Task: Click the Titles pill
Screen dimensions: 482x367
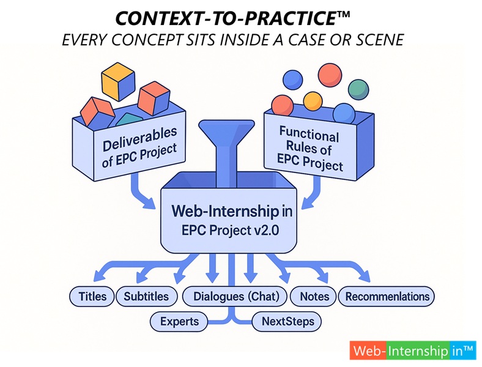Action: click(x=92, y=297)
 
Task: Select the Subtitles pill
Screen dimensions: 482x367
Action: click(x=146, y=297)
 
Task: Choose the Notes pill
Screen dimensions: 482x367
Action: click(x=314, y=297)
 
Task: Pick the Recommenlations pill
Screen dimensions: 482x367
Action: click(x=387, y=297)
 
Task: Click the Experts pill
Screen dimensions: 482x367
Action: click(x=179, y=322)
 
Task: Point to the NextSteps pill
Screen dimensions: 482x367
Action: click(x=287, y=322)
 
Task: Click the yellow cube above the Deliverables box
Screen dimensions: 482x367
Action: click(x=118, y=82)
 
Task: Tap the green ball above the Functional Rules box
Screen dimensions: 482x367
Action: click(x=358, y=89)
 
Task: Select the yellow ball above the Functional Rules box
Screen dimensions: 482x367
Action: click(x=313, y=101)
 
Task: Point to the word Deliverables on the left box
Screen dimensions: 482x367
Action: click(x=140, y=139)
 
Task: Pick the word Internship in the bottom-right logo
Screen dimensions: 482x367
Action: click(x=418, y=350)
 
